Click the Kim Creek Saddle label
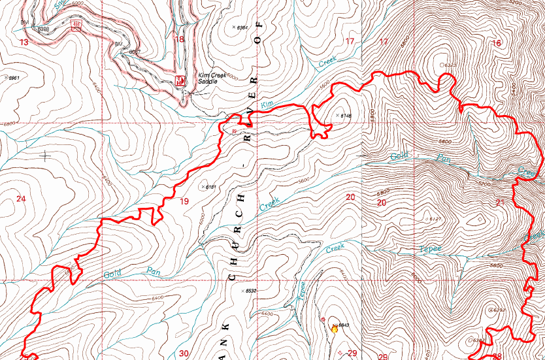pos(213,79)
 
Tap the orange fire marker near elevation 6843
pos(335,329)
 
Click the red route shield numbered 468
pos(77,24)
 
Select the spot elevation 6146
pos(346,116)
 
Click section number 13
pos(24,42)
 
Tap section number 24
pos(21,199)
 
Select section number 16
pos(497,43)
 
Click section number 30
pos(183,353)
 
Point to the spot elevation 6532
pos(250,291)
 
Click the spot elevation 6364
pos(241,27)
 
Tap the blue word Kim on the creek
pos(266,105)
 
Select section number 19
pos(184,201)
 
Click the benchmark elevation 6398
pos(43,29)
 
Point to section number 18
pos(178,39)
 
